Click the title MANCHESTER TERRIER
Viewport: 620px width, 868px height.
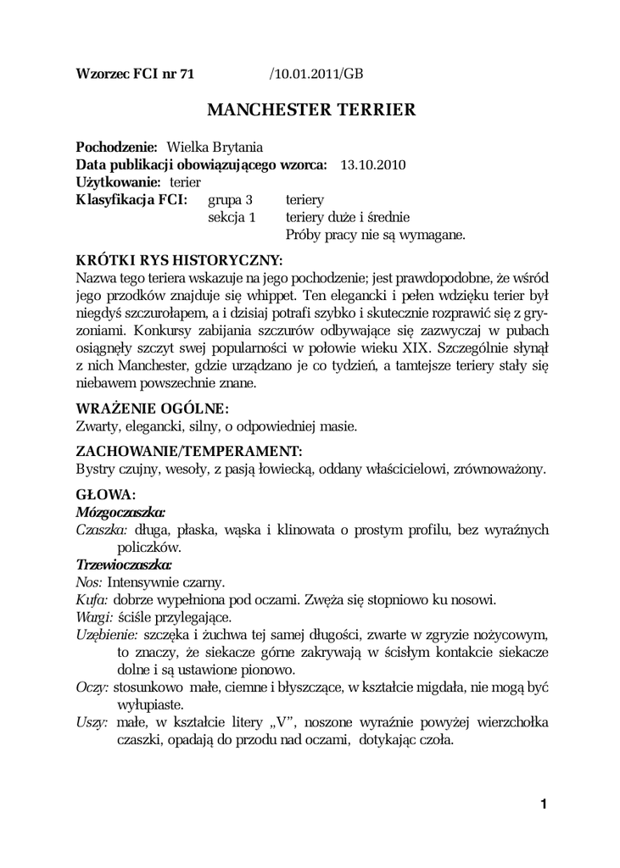[311, 110]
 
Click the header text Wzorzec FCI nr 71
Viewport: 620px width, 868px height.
[135, 74]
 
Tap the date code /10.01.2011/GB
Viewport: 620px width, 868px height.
[316, 74]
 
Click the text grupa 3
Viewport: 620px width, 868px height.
[231, 200]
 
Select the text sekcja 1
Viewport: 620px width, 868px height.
[232, 218]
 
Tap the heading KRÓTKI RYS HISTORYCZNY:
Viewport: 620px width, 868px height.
[179, 259]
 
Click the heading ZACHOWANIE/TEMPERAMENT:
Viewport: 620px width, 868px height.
[189, 450]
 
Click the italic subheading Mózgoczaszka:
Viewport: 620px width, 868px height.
[120, 511]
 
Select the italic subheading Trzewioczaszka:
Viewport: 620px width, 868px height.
[124, 564]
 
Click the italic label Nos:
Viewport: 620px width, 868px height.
[89, 582]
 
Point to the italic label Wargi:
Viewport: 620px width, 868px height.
[94, 617]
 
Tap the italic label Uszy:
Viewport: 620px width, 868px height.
[92, 722]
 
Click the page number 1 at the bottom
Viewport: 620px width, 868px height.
[543, 804]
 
